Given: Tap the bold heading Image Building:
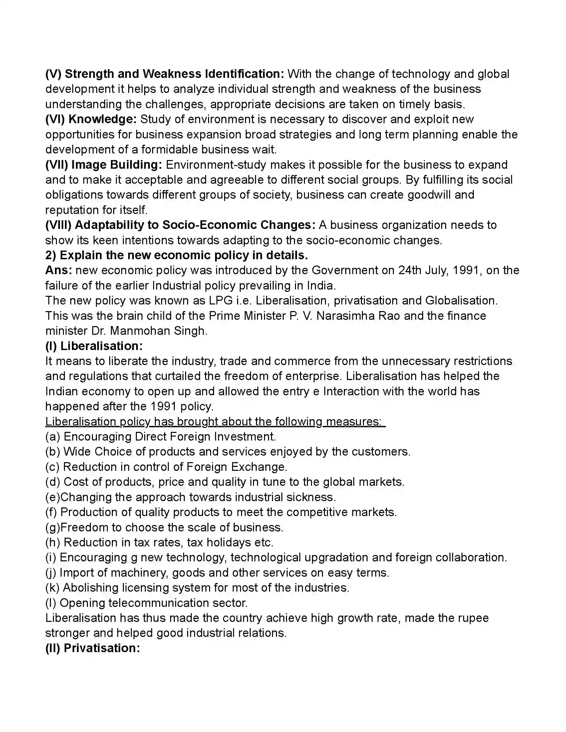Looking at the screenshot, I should (x=116, y=165).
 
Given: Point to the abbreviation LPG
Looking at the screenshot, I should (x=221, y=301).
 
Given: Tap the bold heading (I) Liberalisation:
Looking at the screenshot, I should (x=94, y=346).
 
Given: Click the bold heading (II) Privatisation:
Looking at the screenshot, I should (x=93, y=648).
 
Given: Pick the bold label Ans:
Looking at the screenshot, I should (x=58, y=270).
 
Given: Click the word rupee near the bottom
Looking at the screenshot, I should (x=472, y=618).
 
